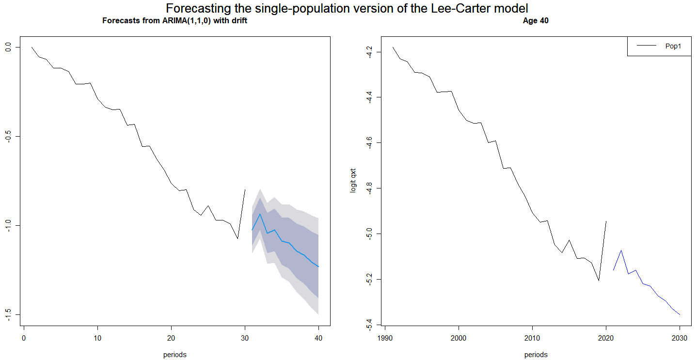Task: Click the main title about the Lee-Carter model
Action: pyautogui.click(x=347, y=9)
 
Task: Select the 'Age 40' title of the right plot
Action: pyautogui.click(x=536, y=21)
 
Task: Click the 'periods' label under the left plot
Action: pyautogui.click(x=174, y=354)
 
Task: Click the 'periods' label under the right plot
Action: pyautogui.click(x=536, y=354)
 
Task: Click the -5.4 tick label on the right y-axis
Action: pyautogui.click(x=370, y=324)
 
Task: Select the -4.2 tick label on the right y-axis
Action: pyautogui.click(x=370, y=51)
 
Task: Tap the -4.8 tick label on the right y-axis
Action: pyautogui.click(x=370, y=188)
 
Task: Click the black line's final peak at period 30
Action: pyautogui.click(x=245, y=190)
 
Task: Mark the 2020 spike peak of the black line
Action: pyautogui.click(x=606, y=221)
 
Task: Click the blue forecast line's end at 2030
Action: pyautogui.click(x=680, y=314)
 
